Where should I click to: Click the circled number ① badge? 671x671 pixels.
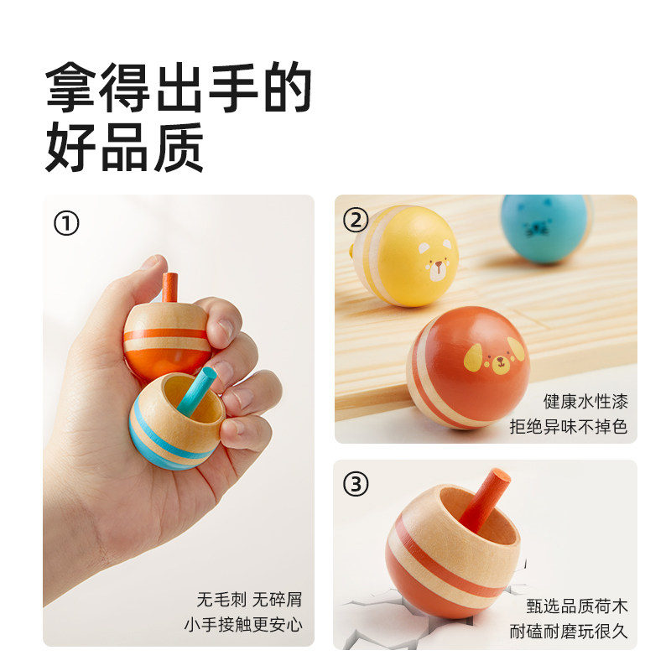pyautogui.click(x=66, y=224)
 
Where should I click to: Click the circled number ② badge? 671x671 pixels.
pyautogui.click(x=356, y=221)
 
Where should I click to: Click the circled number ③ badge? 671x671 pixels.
pyautogui.click(x=356, y=484)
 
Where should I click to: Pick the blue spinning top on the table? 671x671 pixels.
pyautogui.click(x=545, y=228)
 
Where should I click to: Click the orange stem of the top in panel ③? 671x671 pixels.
pyautogui.click(x=487, y=504)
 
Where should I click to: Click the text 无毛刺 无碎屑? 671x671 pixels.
pyautogui.click(x=249, y=600)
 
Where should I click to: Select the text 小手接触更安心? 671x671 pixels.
pyautogui.click(x=243, y=625)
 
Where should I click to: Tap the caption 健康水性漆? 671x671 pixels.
pyautogui.click(x=585, y=401)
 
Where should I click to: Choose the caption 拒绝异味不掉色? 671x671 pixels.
pyautogui.click(x=569, y=426)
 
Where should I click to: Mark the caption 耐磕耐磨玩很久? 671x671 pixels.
pyautogui.click(x=569, y=632)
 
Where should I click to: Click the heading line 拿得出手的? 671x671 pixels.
pyautogui.click(x=179, y=88)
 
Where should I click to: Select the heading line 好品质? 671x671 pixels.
pyautogui.click(x=126, y=148)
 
